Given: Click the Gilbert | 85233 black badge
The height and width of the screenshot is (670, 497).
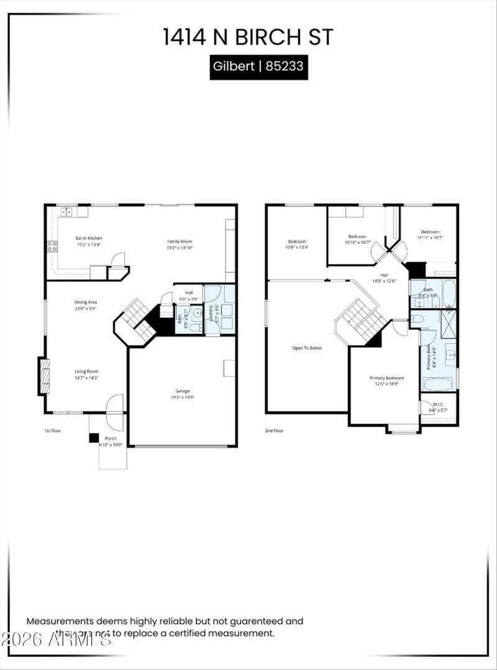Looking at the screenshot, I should pos(258,66).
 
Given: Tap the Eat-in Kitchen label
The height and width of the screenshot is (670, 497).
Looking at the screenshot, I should pos(89,238).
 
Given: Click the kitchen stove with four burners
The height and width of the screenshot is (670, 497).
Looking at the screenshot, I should pos(52,246).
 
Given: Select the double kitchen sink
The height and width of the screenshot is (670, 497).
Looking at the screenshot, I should pos(66,212).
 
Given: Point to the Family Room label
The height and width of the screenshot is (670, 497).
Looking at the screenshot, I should pos(180,241).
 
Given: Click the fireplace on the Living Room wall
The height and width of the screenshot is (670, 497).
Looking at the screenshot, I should pos(43,376).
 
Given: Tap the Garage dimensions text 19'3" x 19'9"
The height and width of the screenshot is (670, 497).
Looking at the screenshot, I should pos(182,397).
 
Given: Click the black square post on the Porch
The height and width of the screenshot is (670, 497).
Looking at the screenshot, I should pos(93,438).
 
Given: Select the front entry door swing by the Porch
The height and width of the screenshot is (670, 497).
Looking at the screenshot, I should pos(114,403).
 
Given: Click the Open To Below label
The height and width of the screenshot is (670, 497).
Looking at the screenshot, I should pos(307,348).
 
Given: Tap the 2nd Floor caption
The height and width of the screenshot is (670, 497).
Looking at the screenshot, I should pos(274,430).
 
